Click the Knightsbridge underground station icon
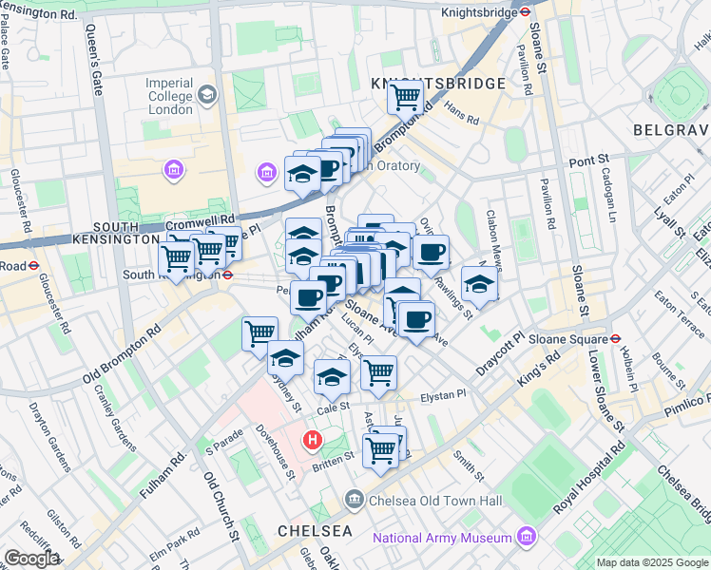(524, 13)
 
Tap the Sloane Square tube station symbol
(615, 335)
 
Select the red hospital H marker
(311, 440)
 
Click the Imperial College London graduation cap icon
(207, 95)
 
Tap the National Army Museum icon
(527, 539)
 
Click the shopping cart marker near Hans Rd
(405, 96)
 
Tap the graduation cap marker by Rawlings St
(479, 284)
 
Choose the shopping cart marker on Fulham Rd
(259, 332)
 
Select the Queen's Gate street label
(95, 71)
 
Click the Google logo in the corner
(30, 559)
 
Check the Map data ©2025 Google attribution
(651, 562)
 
